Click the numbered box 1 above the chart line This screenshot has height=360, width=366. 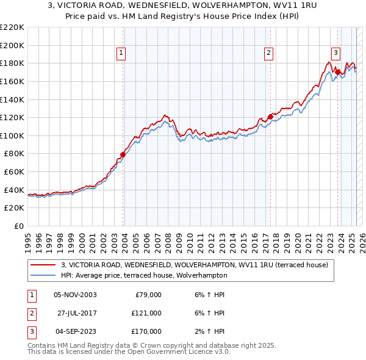click(x=121, y=53)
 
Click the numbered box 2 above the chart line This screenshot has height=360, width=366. click(x=268, y=53)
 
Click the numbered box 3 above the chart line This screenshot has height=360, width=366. click(x=335, y=53)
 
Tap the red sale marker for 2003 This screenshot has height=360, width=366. click(x=123, y=154)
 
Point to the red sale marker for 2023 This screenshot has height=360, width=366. click(x=337, y=72)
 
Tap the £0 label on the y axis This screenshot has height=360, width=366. click(x=18, y=226)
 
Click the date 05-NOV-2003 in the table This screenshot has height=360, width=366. click(x=75, y=295)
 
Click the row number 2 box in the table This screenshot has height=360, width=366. click(x=31, y=313)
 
